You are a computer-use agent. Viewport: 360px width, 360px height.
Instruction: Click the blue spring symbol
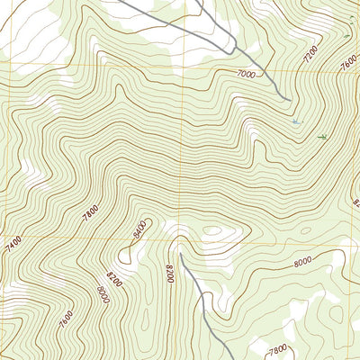[x=296, y=120]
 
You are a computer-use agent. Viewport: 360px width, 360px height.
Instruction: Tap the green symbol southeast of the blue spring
[x=322, y=136]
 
